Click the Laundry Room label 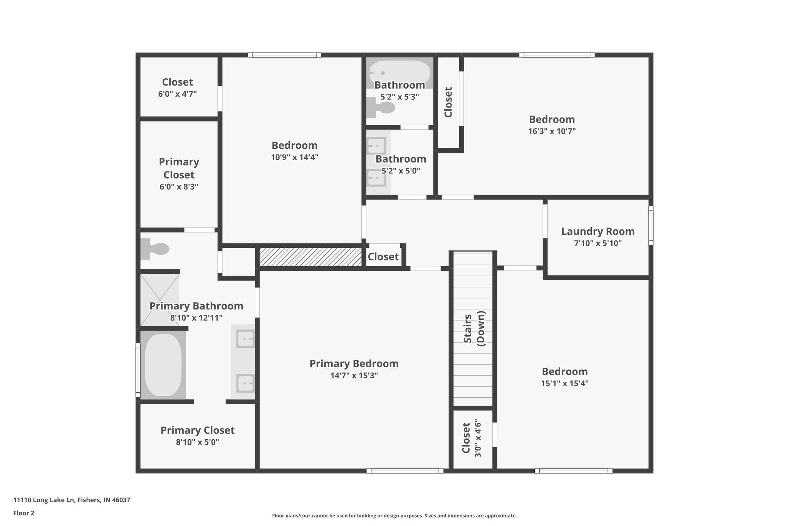pos(598,231)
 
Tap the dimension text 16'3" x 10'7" pos(552,131)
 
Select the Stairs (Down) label pos(474,328)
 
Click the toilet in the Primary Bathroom pos(155,249)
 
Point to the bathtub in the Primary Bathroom pos(163,365)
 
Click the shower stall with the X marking pos(159,300)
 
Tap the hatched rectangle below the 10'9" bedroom pos(311,257)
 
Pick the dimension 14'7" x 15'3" pos(354,375)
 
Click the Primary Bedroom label pos(354,363)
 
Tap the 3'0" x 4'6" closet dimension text pos(478,438)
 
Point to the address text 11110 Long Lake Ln pos(72,500)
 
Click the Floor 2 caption pos(24,513)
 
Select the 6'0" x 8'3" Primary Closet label pos(179,168)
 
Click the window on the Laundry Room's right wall pos(651,225)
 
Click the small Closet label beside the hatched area pos(383,257)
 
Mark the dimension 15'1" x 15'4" pos(564,383)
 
